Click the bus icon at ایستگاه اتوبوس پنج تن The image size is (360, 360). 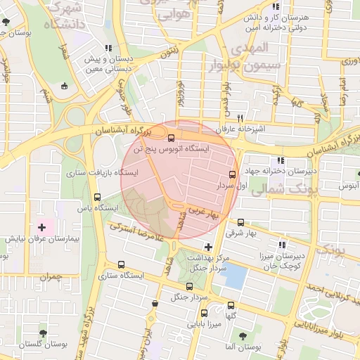[172, 139]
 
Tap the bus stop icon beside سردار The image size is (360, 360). [232, 174]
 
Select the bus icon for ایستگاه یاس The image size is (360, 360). [96, 198]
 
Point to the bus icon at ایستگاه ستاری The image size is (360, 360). [122, 265]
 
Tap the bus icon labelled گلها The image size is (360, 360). [231, 305]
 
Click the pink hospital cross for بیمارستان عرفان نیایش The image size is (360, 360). [41, 226]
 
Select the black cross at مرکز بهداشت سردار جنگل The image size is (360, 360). [207, 246]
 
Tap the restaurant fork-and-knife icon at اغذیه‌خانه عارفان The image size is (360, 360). [240, 118]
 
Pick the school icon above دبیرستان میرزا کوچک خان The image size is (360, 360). [281, 245]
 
